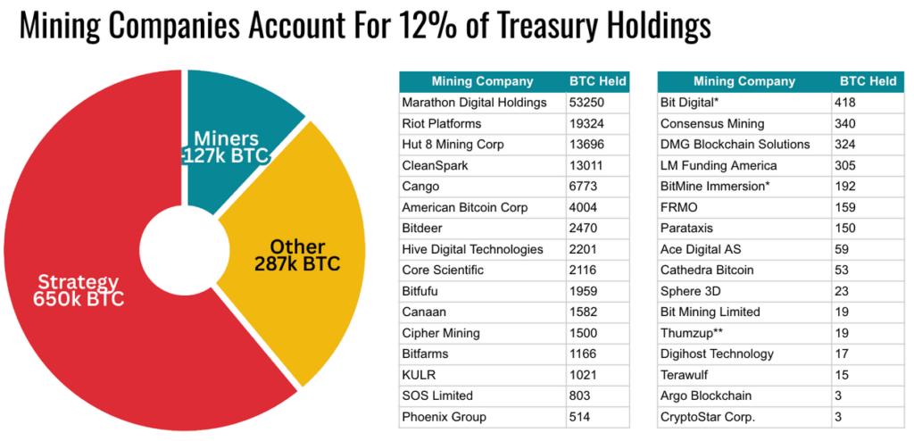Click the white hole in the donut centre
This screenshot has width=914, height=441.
[183, 243]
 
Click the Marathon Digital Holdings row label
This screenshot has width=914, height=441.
[474, 103]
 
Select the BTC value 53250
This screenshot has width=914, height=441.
[586, 103]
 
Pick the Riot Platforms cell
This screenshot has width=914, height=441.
[442, 123]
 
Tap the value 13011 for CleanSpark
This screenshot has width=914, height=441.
[586, 165]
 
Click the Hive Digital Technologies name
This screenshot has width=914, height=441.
[472, 249]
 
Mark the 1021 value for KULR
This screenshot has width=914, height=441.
[582, 375]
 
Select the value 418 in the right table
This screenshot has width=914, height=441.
[845, 103]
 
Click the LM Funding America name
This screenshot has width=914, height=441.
[719, 165]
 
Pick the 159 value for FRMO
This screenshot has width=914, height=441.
[845, 207]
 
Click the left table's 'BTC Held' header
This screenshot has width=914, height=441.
[597, 81]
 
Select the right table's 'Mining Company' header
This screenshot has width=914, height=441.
[744, 81]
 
